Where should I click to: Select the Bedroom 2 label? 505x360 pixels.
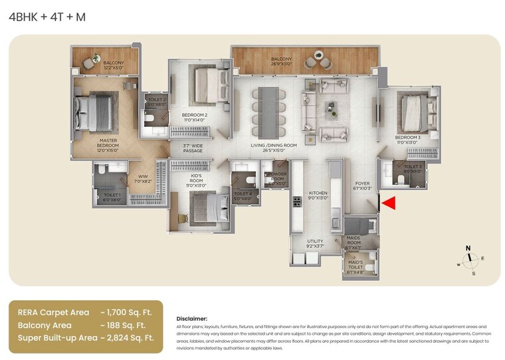(195, 118)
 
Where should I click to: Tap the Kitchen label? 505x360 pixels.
(318, 195)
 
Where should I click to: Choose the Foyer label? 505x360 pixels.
(361, 186)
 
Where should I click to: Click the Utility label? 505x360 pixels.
(314, 243)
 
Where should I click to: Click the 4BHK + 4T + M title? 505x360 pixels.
(47, 17)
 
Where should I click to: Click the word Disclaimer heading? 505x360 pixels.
(191, 319)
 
